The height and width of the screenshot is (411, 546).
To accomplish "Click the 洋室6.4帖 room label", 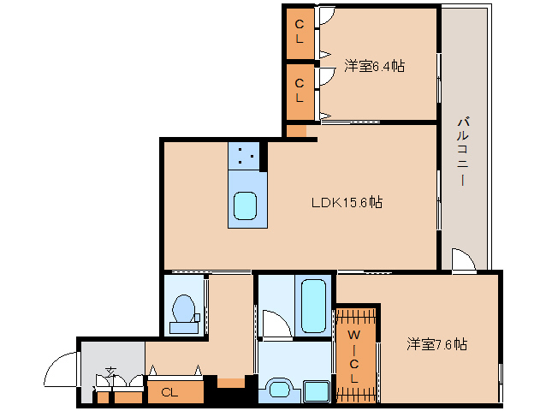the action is pos(374,65).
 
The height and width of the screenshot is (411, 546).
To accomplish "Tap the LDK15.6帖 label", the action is pos(347,202).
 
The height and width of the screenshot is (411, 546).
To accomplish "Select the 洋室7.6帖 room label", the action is pos(436,344).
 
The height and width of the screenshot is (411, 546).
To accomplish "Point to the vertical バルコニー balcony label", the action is pos(464,152).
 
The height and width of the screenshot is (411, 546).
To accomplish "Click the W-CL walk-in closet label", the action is pos(353,356).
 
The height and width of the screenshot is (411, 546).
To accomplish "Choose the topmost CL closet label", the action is pos(300,32).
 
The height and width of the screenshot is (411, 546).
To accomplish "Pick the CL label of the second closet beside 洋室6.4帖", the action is pos(300,91).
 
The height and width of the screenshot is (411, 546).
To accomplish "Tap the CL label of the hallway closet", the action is pos(169,393).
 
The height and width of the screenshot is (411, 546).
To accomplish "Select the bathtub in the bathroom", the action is pos(313,306).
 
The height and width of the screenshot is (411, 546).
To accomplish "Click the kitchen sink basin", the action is pos(245,205).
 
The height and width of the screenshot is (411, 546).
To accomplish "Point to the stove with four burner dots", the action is pos(244,156).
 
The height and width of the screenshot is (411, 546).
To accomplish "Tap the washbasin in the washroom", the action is pos(280,391).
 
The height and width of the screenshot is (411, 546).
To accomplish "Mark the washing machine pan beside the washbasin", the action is pos(316,391).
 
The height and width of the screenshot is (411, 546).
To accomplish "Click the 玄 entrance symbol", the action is pos(111,372).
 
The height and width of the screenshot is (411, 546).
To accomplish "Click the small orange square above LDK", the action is pos(297,131).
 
